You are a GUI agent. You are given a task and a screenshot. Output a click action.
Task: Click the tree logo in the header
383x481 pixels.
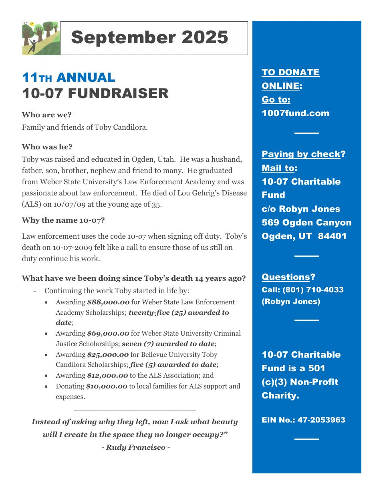point(40,38)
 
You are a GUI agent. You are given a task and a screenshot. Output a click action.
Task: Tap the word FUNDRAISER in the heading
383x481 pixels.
point(118,93)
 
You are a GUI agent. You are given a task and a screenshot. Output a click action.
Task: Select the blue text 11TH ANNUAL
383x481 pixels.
point(69,77)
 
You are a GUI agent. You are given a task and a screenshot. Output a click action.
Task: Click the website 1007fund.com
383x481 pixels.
point(296,113)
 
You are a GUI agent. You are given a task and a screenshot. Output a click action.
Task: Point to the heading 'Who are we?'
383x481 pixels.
point(47,115)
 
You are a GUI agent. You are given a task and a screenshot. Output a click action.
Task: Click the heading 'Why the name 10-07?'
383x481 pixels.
point(63,220)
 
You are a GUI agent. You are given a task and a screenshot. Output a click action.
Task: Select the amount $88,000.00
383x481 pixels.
point(108,302)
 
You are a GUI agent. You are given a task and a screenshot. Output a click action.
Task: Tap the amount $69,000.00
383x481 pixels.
point(108,333)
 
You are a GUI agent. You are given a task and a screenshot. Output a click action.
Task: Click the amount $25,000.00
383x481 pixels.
point(108,354)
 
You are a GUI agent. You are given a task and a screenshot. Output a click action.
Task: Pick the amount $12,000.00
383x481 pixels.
point(108,376)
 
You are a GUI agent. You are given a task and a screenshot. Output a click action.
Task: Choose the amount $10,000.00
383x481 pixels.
point(107,386)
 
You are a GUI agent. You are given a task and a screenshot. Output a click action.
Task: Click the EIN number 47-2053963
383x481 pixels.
point(321,420)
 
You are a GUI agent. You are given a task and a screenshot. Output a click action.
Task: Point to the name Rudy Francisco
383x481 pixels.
point(136,447)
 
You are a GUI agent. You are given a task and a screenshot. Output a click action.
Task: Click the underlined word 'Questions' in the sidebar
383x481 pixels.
point(286,277)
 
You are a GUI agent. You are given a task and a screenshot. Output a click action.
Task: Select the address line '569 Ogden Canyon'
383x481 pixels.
point(306,223)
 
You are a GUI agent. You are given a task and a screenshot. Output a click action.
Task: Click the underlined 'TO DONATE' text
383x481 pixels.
point(290,72)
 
